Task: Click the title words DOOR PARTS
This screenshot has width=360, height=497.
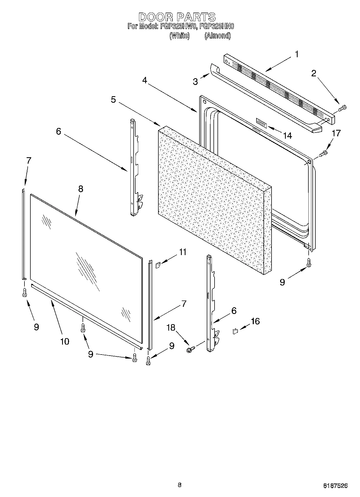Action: tap(177, 17)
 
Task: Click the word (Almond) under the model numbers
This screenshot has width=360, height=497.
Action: tap(218, 36)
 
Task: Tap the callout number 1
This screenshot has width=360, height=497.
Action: tap(297, 54)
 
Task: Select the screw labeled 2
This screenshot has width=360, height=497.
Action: tap(342, 108)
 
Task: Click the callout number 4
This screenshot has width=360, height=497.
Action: tap(145, 80)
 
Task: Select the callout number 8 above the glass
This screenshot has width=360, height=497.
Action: tap(81, 189)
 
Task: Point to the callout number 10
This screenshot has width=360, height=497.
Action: tap(65, 341)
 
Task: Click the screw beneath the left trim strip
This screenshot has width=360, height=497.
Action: tap(24, 292)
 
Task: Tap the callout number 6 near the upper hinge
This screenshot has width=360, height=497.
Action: tap(59, 131)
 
